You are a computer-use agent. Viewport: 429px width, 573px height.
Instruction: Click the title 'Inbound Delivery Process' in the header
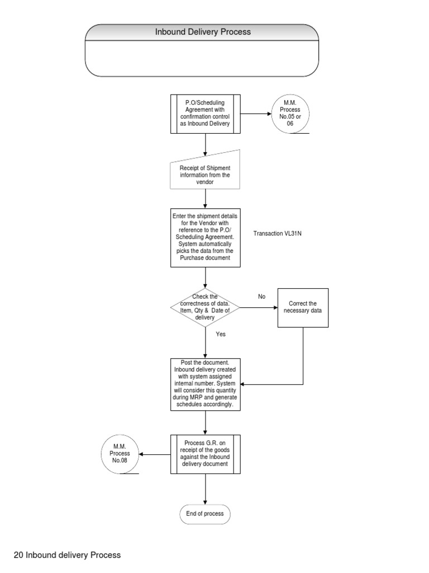(x=203, y=32)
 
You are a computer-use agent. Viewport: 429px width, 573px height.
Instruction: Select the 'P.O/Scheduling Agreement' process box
(x=206, y=114)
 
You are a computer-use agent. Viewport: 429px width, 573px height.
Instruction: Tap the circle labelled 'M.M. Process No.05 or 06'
(x=289, y=114)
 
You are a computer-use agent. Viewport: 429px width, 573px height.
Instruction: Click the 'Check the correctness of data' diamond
(x=205, y=307)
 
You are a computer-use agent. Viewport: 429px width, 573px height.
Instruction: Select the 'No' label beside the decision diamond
(x=261, y=296)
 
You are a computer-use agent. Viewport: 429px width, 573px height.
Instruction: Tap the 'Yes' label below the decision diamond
(x=221, y=334)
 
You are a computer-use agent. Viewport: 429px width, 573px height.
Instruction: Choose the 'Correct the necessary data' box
(x=303, y=307)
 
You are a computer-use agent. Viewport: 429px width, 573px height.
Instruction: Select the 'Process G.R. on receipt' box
(x=206, y=454)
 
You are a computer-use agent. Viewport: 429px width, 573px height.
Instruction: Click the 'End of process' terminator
(x=205, y=514)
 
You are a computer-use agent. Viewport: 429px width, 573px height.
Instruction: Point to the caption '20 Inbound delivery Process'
(x=67, y=555)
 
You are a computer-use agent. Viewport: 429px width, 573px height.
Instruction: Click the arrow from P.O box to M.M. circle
(x=256, y=114)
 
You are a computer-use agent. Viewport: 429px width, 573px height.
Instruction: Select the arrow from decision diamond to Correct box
(x=258, y=307)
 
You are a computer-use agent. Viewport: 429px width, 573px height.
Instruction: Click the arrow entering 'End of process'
(x=206, y=490)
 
